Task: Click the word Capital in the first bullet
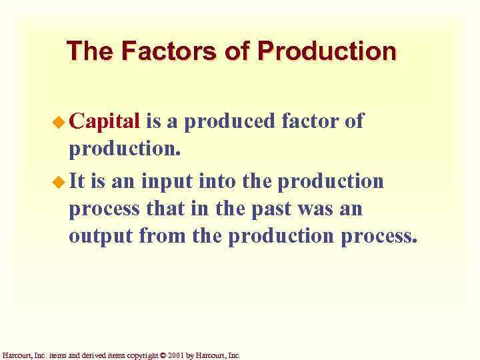pos(104,121)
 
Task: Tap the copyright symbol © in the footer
pos(163,356)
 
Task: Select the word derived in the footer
pos(88,356)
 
